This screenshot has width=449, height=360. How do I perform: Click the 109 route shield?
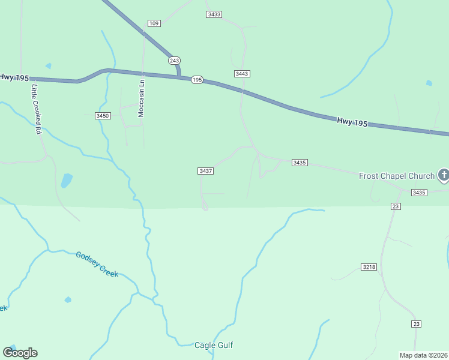pyautogui.click(x=154, y=23)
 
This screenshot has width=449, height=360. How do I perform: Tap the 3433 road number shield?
pyautogui.click(x=214, y=14)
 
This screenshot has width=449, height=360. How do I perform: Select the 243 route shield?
pyautogui.click(x=174, y=61)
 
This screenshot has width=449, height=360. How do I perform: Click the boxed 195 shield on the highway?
pyautogui.click(x=197, y=80)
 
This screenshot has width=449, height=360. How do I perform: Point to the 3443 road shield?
pyautogui.click(x=242, y=74)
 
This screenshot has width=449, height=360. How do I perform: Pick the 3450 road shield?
pyautogui.click(x=103, y=115)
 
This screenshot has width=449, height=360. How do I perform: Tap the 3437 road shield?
pyautogui.click(x=206, y=171)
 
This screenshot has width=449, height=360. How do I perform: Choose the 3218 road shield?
pyautogui.click(x=369, y=266)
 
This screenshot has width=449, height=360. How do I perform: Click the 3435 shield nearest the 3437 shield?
pyautogui.click(x=300, y=163)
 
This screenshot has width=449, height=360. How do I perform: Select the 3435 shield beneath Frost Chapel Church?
pyautogui.click(x=419, y=193)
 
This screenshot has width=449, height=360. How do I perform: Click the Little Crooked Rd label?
pyautogui.click(x=37, y=108)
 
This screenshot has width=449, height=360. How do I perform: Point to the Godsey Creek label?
pyautogui.click(x=97, y=264)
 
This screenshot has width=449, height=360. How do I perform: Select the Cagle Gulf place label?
pyautogui.click(x=214, y=345)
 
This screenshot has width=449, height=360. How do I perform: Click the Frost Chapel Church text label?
pyautogui.click(x=396, y=176)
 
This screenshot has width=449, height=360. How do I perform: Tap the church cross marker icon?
pyautogui.click(x=444, y=175)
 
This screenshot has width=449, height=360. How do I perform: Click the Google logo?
pyautogui.click(x=20, y=352)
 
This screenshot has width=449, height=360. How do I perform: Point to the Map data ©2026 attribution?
pyautogui.click(x=423, y=355)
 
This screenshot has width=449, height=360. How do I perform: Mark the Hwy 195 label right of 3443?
pyautogui.click(x=352, y=122)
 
